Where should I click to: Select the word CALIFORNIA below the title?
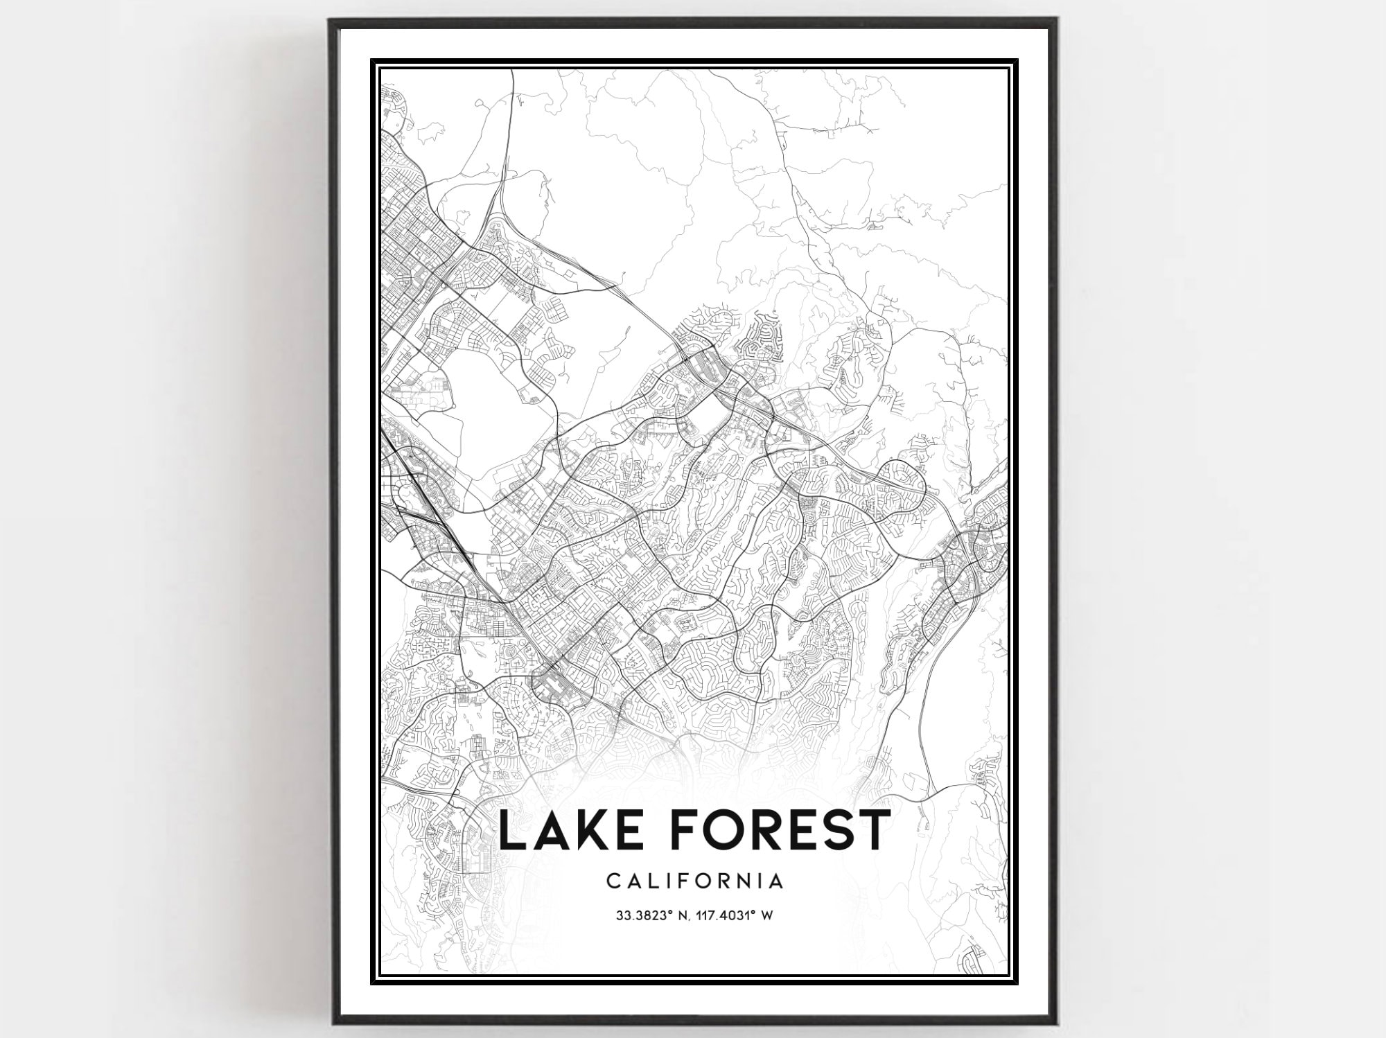pyautogui.click(x=695, y=881)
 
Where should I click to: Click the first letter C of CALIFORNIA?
pyautogui.click(x=613, y=881)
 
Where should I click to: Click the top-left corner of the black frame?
pyautogui.click(x=331, y=20)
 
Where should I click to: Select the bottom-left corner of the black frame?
pyautogui.click(x=331, y=1023)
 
